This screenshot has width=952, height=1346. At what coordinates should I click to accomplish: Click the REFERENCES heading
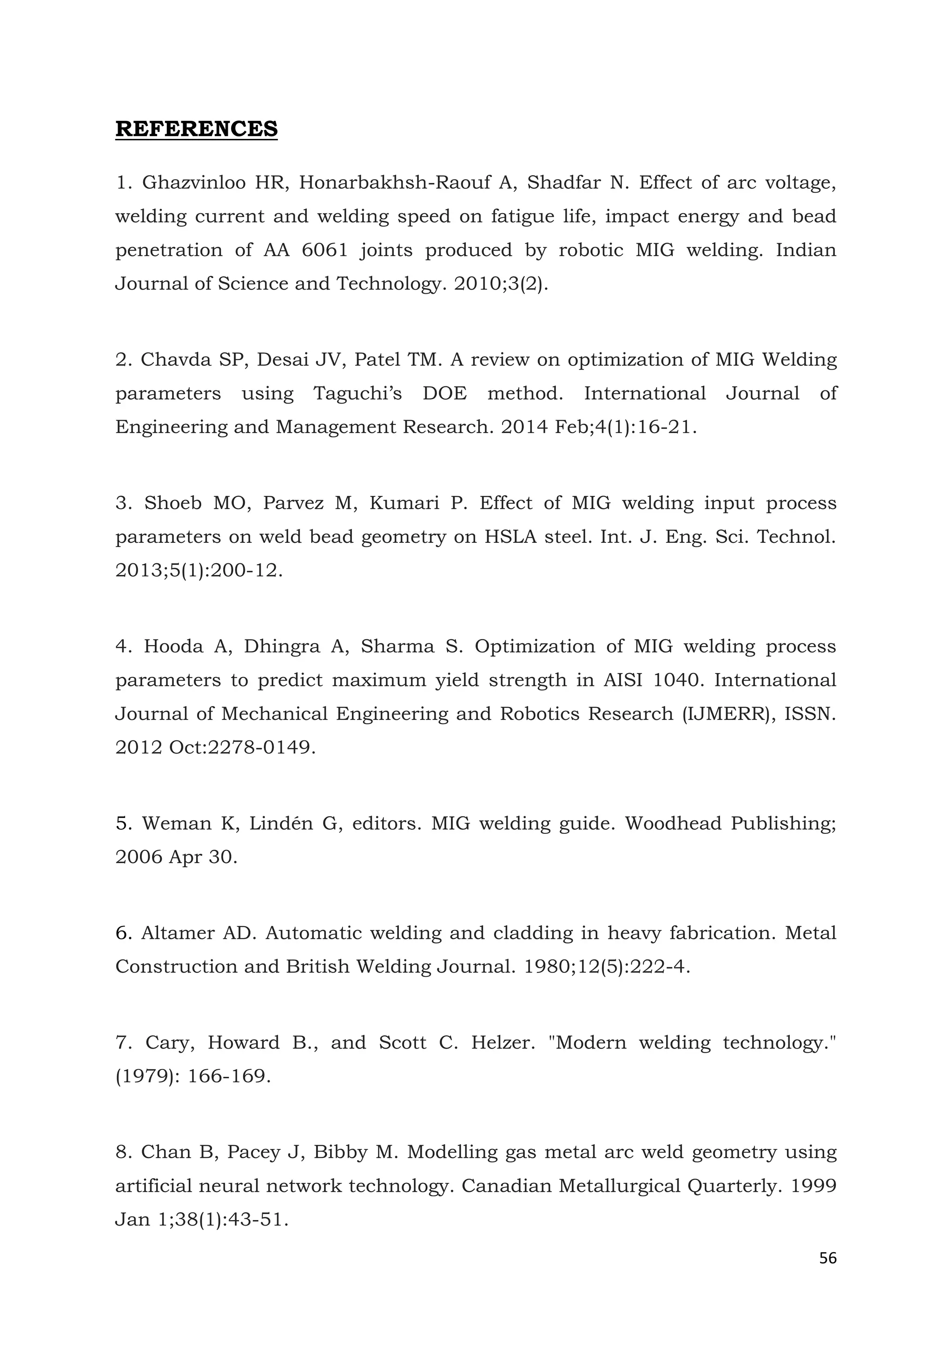pos(196,129)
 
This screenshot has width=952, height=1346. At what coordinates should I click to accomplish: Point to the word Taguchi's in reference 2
pos(357,393)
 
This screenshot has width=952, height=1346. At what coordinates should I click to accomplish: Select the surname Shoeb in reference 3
pos(173,503)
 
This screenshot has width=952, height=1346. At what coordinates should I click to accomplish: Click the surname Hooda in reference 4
pos(173,647)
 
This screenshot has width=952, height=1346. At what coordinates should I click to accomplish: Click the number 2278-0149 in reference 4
pos(261,747)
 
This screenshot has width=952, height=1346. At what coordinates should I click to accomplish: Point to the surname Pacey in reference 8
pos(251,1153)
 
